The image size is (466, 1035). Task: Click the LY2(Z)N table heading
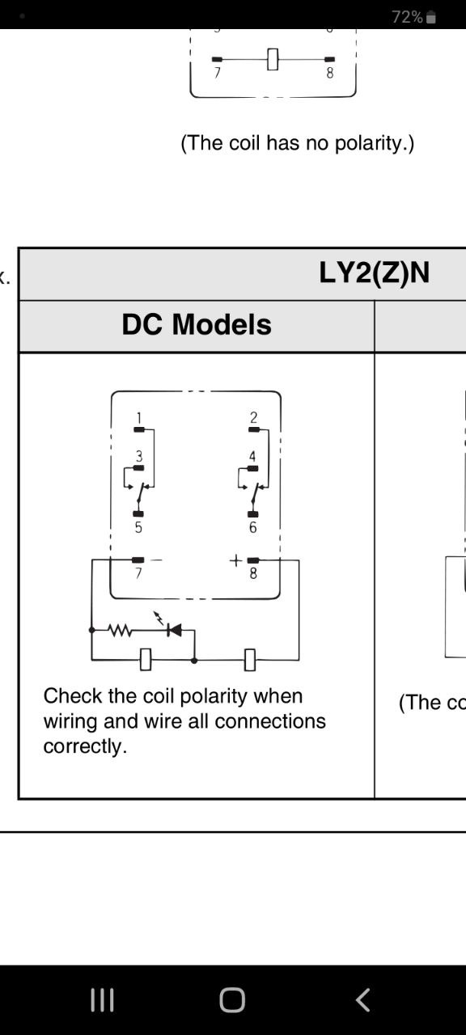click(374, 273)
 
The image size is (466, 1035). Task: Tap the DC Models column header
click(197, 324)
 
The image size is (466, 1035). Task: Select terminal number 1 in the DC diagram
click(138, 418)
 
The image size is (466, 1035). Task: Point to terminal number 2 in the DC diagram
click(253, 418)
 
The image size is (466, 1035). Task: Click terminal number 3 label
click(139, 456)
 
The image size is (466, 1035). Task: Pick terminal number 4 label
click(252, 456)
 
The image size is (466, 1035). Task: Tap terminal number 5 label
click(138, 528)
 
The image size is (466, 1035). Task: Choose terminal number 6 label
click(253, 528)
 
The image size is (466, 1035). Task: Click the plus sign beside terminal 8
click(235, 560)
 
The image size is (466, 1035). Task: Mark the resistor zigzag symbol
click(120, 629)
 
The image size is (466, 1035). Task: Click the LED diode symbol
click(174, 629)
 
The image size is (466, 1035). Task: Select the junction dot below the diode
click(194, 661)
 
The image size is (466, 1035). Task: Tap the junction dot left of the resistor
click(91, 630)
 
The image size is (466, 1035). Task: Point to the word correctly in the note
click(85, 746)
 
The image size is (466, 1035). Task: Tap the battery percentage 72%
click(407, 17)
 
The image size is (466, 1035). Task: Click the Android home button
click(232, 1000)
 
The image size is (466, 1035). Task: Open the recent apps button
click(102, 1000)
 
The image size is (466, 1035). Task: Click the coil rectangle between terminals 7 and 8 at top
click(273, 60)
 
